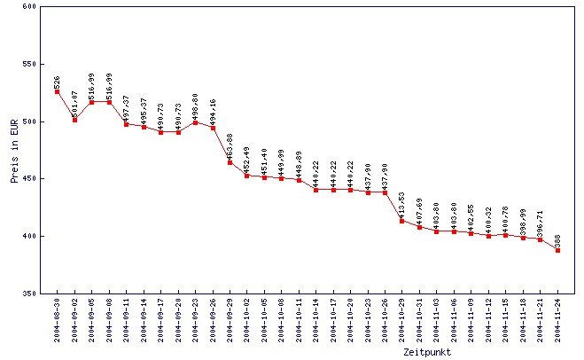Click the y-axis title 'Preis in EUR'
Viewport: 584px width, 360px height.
(x=15, y=150)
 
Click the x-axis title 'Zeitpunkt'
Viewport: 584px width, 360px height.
(x=426, y=351)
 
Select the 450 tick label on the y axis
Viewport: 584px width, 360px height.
(x=28, y=179)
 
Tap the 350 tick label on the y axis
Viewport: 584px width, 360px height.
(x=28, y=293)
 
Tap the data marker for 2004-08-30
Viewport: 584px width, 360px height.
(x=57, y=91)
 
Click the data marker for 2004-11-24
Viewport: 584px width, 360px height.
(x=557, y=250)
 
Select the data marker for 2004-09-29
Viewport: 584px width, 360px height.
(x=230, y=162)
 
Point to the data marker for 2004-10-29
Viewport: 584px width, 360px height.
(x=402, y=221)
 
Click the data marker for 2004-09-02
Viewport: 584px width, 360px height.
(x=74, y=120)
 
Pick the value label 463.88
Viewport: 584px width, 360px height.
(x=230, y=143)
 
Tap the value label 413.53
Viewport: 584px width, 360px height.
(x=402, y=201)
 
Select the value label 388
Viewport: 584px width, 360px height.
(x=557, y=239)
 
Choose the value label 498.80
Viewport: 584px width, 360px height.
(x=196, y=103)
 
